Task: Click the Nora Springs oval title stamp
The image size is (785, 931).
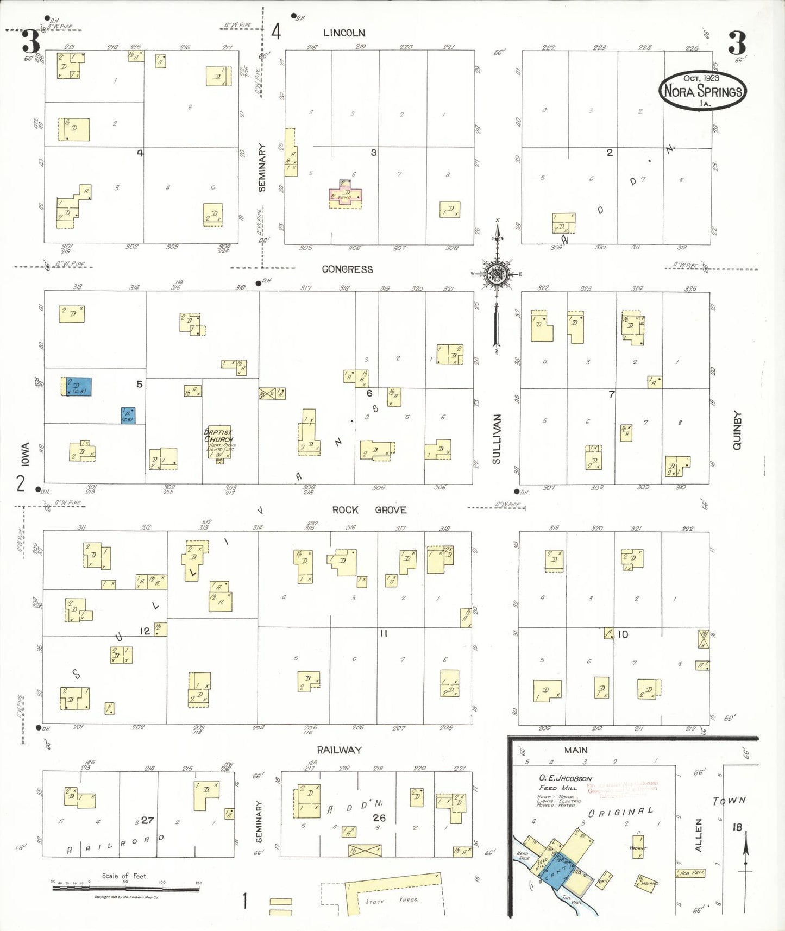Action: [x=703, y=90]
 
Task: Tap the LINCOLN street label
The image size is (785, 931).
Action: [x=344, y=33]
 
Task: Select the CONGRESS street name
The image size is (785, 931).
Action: [x=347, y=269]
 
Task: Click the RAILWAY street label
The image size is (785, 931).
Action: [x=339, y=750]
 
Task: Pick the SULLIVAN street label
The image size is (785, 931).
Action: [x=496, y=439]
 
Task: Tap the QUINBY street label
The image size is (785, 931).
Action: [x=737, y=430]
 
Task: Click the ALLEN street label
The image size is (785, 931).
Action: [x=699, y=835]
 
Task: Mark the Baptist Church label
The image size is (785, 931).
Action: [x=218, y=436]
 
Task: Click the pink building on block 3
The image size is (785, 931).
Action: [x=346, y=196]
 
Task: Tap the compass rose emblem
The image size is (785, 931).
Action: [x=497, y=274]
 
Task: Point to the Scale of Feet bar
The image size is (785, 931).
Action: [x=125, y=889]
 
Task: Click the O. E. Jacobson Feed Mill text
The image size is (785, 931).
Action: [x=565, y=783]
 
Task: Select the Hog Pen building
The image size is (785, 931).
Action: [x=690, y=873]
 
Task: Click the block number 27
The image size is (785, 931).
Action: [x=147, y=820]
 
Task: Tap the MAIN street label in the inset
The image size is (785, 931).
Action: [x=576, y=750]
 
